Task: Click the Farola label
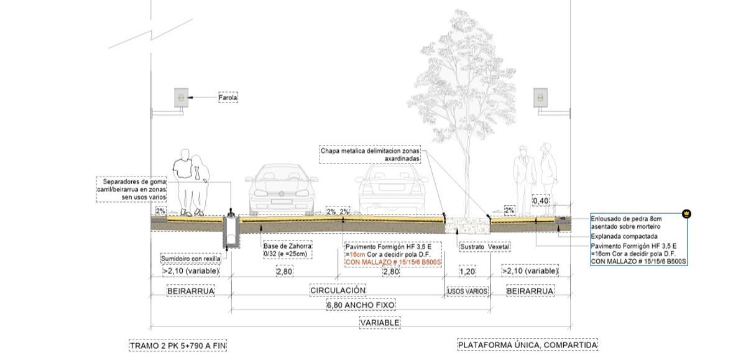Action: (x=228, y=98)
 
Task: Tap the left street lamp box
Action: (x=181, y=98)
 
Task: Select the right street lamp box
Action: (x=540, y=98)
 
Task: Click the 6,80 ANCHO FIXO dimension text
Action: (x=361, y=305)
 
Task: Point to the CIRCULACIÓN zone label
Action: (x=338, y=290)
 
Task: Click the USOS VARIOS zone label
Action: (x=467, y=292)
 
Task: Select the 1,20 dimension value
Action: (x=467, y=272)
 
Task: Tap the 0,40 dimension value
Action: (x=540, y=201)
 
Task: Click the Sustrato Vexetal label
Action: (x=484, y=247)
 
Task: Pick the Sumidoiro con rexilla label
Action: (x=190, y=259)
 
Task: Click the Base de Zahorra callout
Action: (x=288, y=250)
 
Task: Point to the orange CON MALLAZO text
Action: (x=394, y=262)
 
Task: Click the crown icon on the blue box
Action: (x=686, y=214)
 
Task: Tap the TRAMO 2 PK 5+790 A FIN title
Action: (x=178, y=346)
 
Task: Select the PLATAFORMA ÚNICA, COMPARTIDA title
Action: (x=528, y=345)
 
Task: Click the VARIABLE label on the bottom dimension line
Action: (x=380, y=322)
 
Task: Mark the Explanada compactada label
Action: (x=624, y=236)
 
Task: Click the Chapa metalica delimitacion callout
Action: (x=370, y=155)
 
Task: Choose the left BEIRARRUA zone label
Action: (x=191, y=291)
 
